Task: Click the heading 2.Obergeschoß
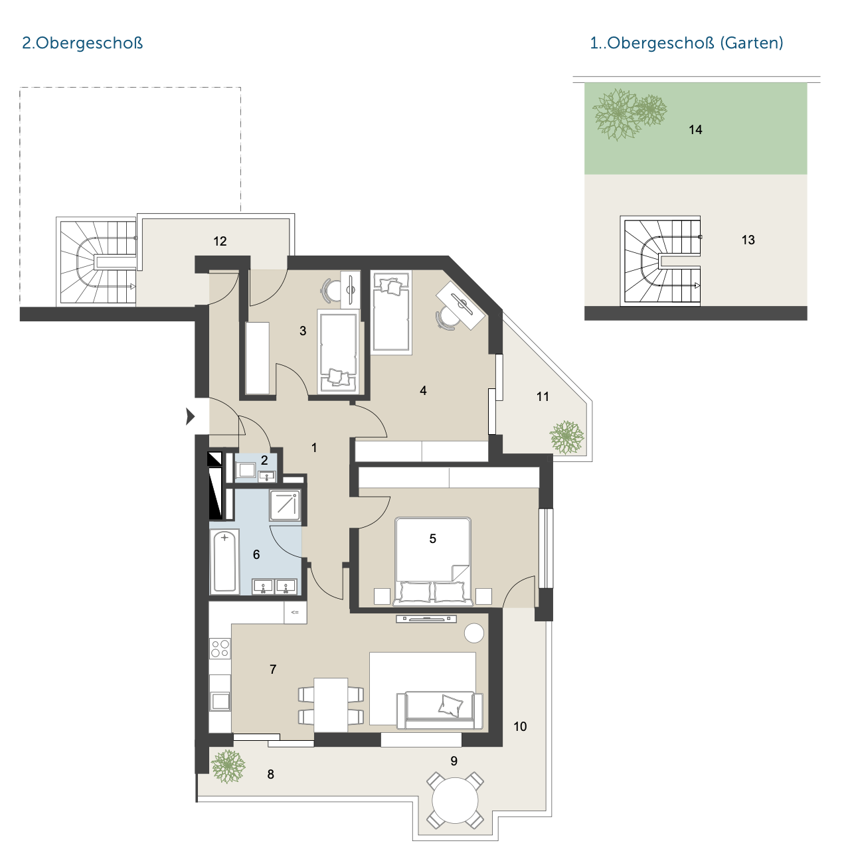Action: [x=82, y=43]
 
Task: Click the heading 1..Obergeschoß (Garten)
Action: [x=686, y=43]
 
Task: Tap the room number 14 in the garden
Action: [x=695, y=129]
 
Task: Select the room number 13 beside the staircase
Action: [x=748, y=240]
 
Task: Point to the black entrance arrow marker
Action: [x=191, y=416]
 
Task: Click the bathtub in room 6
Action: [x=224, y=561]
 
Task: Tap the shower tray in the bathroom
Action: [x=284, y=505]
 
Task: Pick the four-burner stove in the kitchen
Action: [x=220, y=648]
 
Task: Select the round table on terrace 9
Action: [x=455, y=800]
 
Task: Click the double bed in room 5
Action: [x=433, y=562]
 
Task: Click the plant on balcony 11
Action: [x=567, y=437]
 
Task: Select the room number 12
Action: [x=220, y=241]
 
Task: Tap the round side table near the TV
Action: [x=474, y=633]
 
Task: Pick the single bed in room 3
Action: [x=338, y=352]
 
